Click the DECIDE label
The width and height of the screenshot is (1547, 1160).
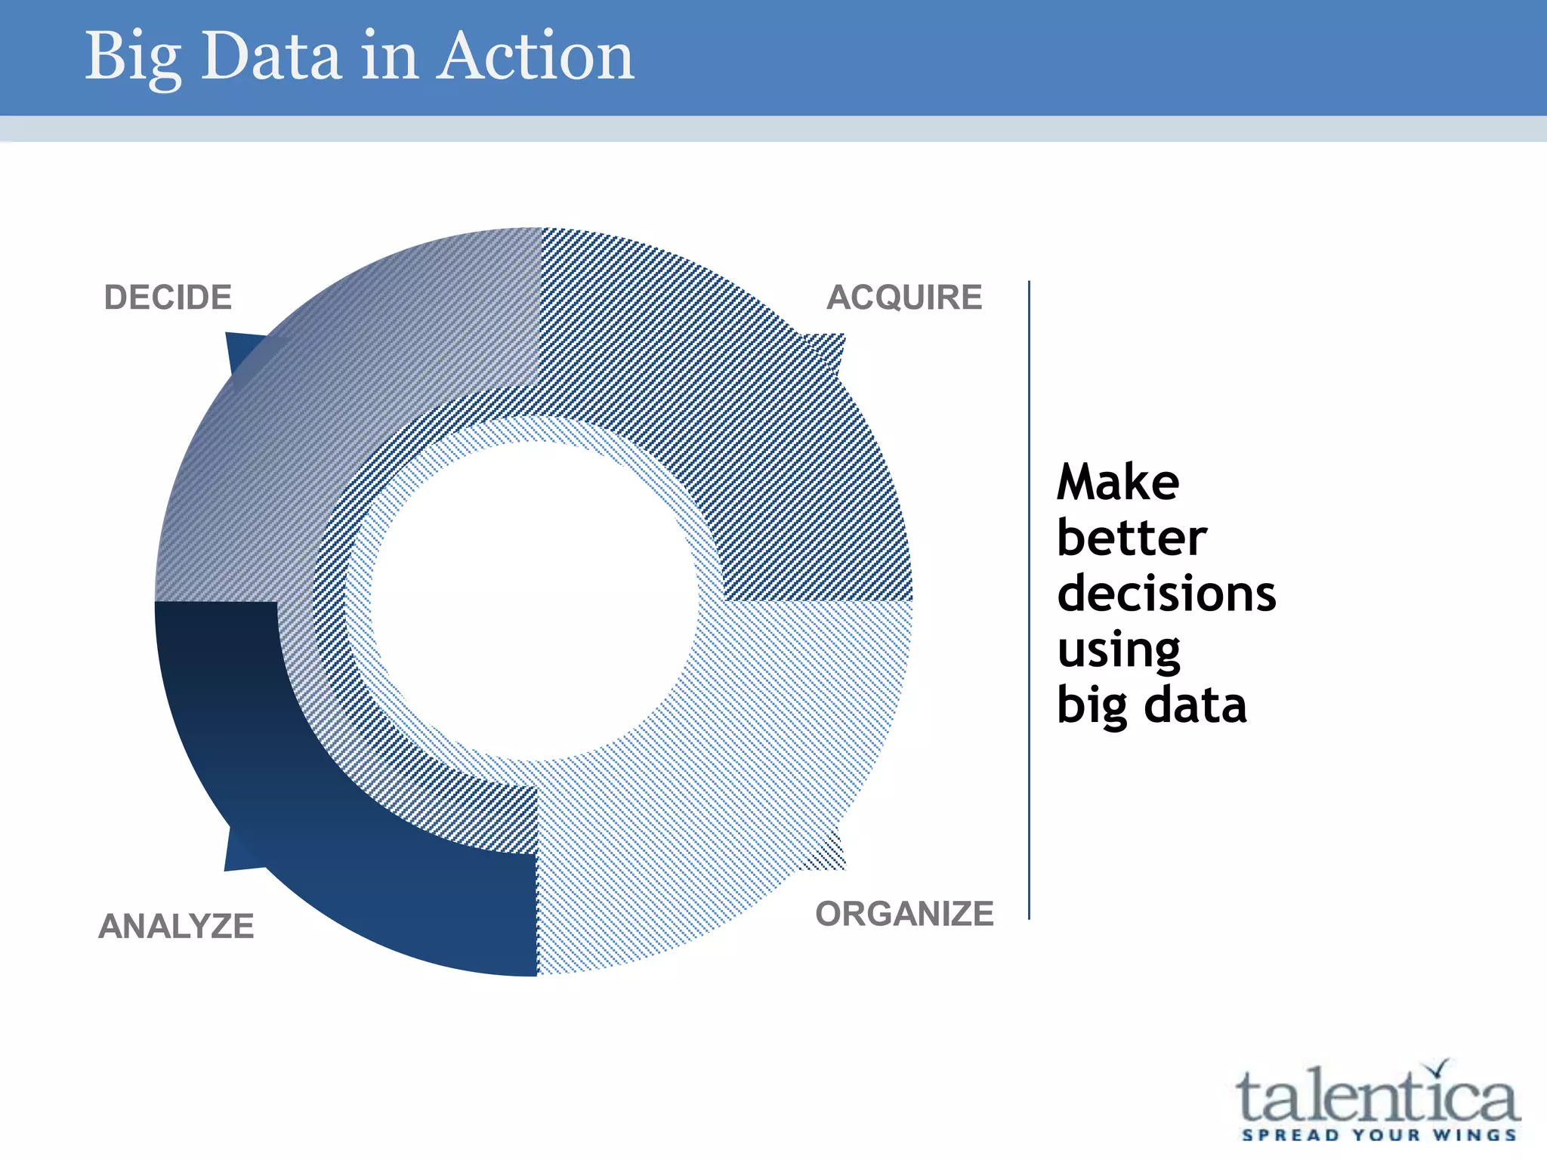[x=168, y=298]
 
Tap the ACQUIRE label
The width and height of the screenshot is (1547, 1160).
[x=904, y=298]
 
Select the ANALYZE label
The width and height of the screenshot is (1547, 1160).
[x=176, y=927]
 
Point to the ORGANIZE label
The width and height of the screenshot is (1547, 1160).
[x=904, y=915]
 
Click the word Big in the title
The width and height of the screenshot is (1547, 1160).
[x=132, y=57]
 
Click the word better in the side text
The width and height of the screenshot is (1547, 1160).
[x=1131, y=538]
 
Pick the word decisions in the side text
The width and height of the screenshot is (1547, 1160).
[x=1166, y=594]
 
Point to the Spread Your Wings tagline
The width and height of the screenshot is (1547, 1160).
[x=1379, y=1135]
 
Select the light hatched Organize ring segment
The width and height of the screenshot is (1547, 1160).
[x=755, y=793]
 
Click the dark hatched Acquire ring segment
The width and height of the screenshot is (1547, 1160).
[x=755, y=415]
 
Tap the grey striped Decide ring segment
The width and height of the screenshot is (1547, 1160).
[x=317, y=393]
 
